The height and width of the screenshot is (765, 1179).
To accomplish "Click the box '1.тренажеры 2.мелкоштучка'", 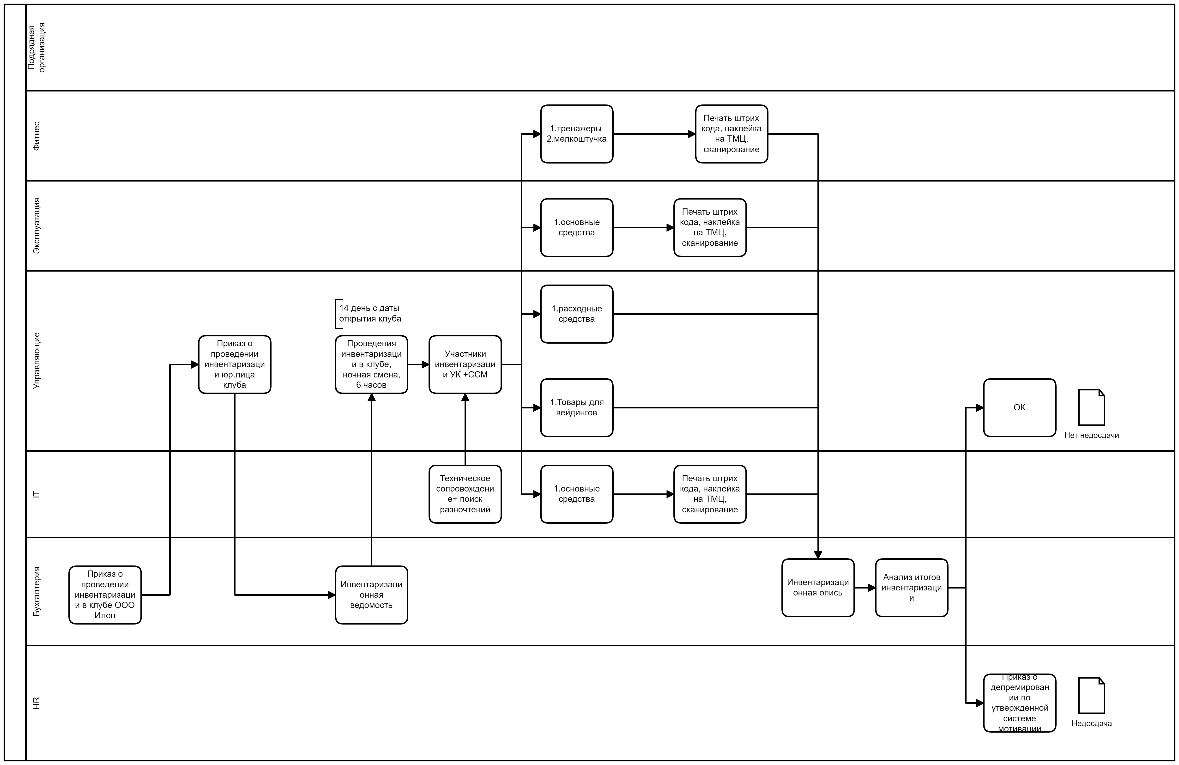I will [577, 134].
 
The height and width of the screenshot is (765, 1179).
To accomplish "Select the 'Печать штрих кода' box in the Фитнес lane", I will [731, 134].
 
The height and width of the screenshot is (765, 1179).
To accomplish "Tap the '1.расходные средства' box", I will [577, 314].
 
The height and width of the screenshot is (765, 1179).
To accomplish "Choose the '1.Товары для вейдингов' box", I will [577, 407].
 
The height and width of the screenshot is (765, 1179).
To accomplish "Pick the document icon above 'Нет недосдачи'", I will [1091, 407].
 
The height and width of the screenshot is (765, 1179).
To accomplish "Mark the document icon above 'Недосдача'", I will [1091, 695].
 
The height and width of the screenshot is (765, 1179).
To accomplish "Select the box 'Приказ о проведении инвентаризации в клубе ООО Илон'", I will [105, 595].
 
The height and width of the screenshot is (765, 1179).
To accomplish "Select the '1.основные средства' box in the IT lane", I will [577, 493].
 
